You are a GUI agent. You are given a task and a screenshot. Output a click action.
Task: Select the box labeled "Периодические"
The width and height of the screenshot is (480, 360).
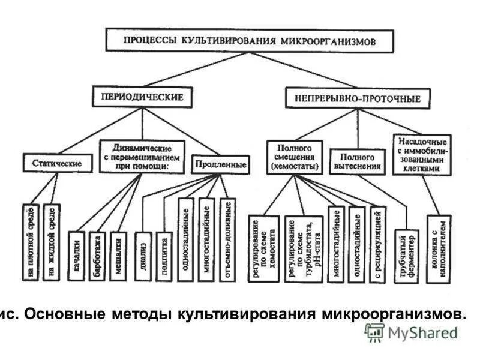(142, 96)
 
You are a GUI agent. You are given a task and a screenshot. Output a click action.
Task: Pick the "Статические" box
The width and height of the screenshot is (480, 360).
(58, 163)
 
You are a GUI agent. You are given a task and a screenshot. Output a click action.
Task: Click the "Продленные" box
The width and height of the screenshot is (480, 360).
(220, 163)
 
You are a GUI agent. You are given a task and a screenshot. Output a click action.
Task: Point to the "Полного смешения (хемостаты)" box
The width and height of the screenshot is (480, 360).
(294, 157)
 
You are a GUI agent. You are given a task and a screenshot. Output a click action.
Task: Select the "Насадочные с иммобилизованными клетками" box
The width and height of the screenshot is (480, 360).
(422, 155)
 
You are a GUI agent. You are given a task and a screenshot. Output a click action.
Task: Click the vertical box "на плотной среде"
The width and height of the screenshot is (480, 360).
(31, 242)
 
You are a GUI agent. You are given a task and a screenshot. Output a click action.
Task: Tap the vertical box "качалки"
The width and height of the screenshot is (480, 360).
(76, 256)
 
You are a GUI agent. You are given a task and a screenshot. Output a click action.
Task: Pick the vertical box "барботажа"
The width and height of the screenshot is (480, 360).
(97, 256)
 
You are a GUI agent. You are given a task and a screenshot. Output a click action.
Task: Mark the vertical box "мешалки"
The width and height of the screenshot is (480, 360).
(119, 256)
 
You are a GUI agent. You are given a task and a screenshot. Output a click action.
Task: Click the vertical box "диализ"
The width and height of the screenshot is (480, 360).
(143, 256)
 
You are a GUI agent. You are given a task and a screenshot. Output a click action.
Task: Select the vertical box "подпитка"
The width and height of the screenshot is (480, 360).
(164, 256)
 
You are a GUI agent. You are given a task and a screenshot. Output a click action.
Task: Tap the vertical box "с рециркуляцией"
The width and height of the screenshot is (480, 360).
(377, 244)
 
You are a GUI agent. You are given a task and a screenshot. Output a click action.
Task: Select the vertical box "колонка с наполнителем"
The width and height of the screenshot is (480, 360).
(439, 248)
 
